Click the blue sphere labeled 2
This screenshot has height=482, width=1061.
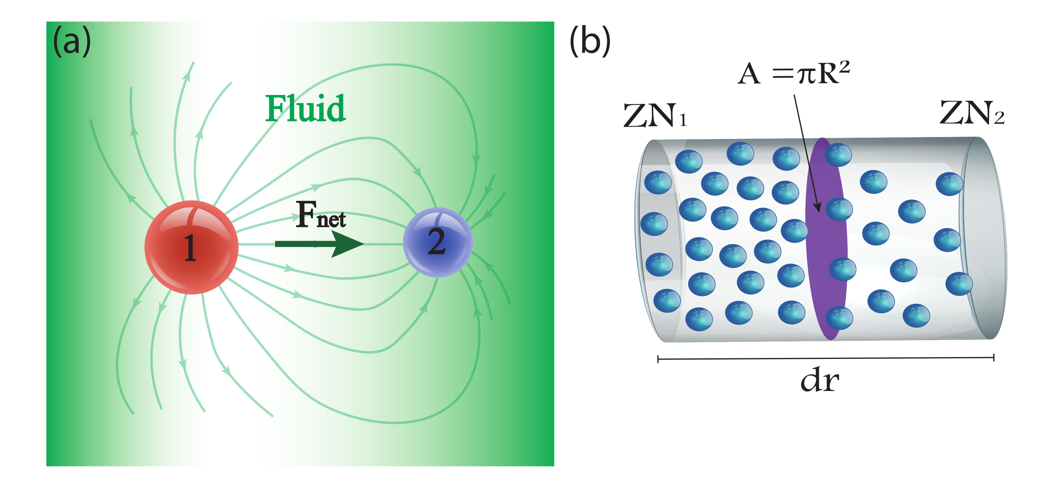coord(437,242)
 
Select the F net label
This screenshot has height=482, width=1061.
coord(320,215)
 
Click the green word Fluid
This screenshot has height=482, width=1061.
coord(305,109)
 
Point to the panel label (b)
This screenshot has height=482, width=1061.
coord(589,41)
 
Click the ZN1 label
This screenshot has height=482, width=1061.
coord(654,115)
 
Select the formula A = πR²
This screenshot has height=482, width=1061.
coord(793,74)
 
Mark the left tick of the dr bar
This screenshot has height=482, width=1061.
coord(658,359)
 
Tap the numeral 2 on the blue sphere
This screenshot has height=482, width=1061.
coord(437,242)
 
